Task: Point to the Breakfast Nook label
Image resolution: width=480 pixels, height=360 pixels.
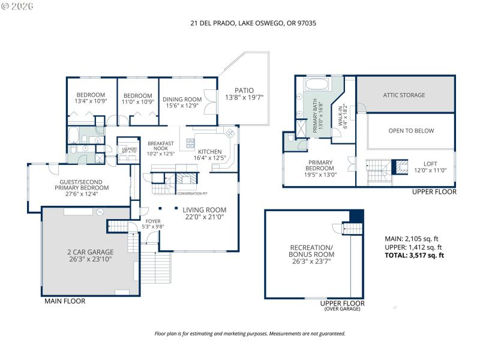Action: (161, 148)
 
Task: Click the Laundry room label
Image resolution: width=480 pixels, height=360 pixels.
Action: (130, 151)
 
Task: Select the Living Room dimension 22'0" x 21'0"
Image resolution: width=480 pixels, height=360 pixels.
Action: (205, 217)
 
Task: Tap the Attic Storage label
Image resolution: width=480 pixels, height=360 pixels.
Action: (404, 95)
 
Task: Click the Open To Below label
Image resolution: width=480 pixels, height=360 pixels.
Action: (411, 130)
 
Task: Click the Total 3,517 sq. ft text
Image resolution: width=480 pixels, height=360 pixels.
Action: (415, 255)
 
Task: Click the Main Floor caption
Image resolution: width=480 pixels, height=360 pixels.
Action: (65, 301)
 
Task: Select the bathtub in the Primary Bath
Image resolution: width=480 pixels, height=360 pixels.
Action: (316, 83)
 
